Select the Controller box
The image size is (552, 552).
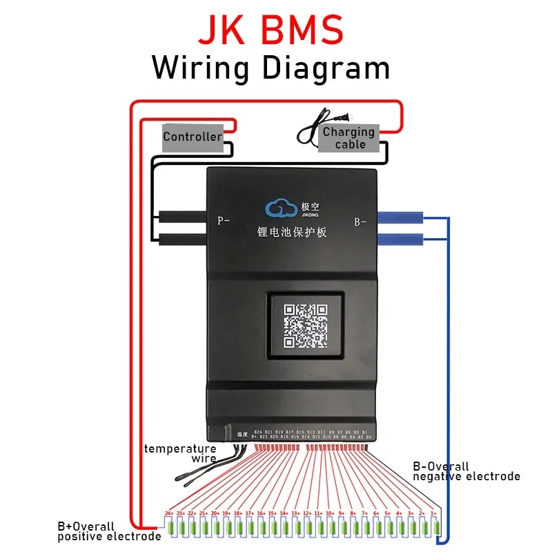coord(193,137)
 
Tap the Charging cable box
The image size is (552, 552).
coord(348,137)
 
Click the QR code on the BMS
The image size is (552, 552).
coord(306,325)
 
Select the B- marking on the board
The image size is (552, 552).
coord(360,221)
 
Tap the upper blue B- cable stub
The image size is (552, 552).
coord(400,217)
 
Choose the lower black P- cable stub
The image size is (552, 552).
coord(183,239)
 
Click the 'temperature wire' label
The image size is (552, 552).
coord(180,453)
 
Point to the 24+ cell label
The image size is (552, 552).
coord(168,513)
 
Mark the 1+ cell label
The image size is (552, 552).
coord(433,513)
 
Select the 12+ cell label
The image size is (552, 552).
coord(306,513)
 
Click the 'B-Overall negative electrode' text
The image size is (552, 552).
coord(466,471)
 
